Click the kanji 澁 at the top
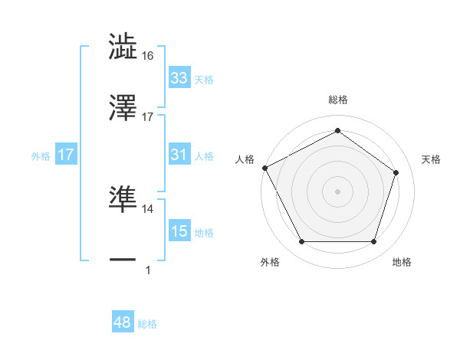(x=123, y=46)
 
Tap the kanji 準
(x=123, y=199)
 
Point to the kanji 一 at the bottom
(x=123, y=260)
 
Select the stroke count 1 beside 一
(x=148, y=270)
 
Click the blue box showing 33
(x=179, y=78)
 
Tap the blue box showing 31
(x=179, y=155)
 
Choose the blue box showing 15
(x=179, y=231)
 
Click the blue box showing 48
(x=123, y=323)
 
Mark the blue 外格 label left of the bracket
(x=41, y=155)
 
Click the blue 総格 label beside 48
(x=147, y=324)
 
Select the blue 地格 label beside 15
(x=204, y=232)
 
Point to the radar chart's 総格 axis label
(x=338, y=100)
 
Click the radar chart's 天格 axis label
(x=432, y=159)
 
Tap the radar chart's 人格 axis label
(x=245, y=159)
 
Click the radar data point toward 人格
(x=265, y=167)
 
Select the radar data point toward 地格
(x=373, y=242)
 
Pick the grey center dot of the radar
(x=338, y=191)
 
